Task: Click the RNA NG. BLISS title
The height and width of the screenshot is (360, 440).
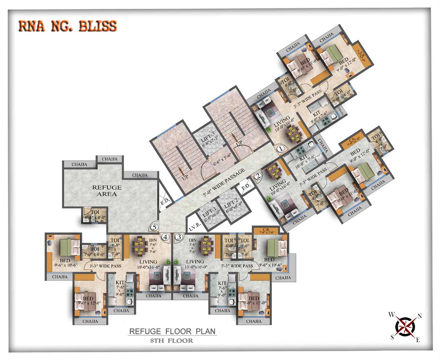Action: click(67, 26)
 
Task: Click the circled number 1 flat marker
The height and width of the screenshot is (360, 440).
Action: click(280, 149)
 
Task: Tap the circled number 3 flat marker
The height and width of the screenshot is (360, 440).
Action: click(179, 237)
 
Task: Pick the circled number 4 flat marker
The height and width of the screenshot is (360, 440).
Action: click(165, 237)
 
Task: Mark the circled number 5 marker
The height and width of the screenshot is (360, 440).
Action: click(154, 228)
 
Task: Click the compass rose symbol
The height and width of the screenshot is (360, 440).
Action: click(405, 326)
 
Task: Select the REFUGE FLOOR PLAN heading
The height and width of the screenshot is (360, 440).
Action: click(172, 331)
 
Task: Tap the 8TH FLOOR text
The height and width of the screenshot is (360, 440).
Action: click(172, 341)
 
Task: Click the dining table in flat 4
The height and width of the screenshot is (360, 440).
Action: click(139, 245)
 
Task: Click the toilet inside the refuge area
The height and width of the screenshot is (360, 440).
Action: click(95, 216)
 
